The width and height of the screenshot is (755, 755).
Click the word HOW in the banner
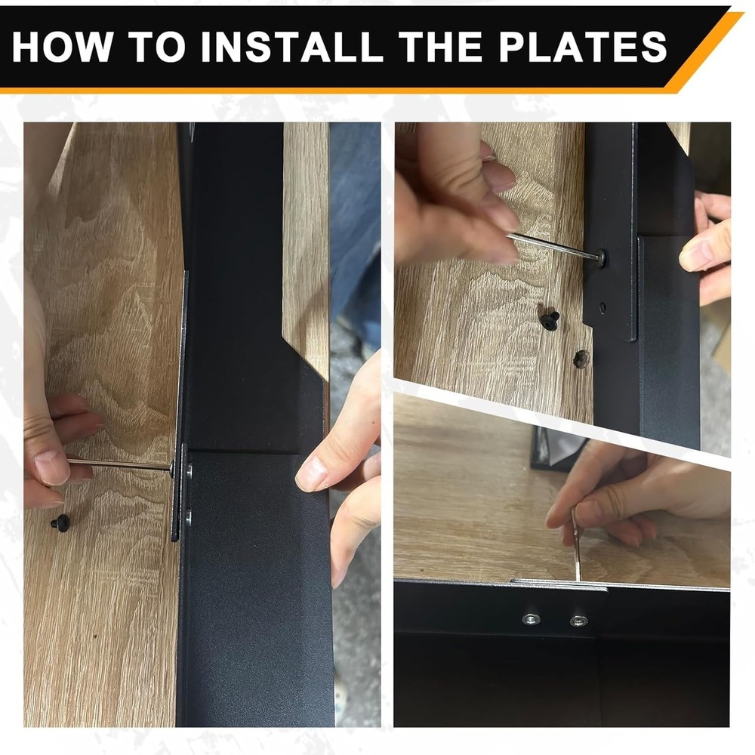[x=63, y=47]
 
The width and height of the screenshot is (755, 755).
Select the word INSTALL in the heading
[x=292, y=47]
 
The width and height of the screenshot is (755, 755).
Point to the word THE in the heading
[x=441, y=47]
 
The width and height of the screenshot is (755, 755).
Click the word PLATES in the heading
[x=582, y=47]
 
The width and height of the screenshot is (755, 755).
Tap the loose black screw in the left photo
[x=60, y=522]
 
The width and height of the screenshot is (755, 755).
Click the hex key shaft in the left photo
[x=119, y=464]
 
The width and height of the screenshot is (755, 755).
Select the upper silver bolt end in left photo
[x=188, y=470]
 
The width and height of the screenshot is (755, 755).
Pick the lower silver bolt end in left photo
[x=188, y=516]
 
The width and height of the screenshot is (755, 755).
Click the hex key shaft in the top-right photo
[x=553, y=245]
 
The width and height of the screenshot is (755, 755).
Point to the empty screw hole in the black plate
[x=602, y=306]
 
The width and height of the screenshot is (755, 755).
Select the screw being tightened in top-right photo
[x=602, y=258]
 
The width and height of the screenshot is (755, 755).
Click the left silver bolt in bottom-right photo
[x=531, y=619]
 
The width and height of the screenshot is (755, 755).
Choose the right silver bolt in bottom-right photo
[x=578, y=621]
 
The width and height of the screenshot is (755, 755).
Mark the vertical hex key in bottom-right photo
[x=576, y=544]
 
